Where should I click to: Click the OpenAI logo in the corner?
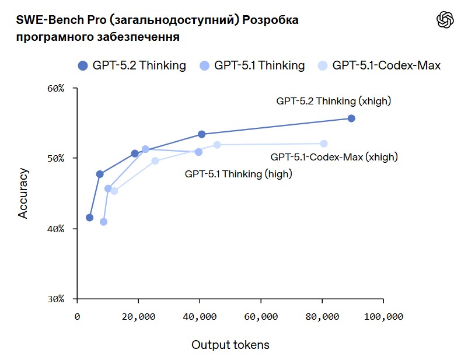pos(445,20)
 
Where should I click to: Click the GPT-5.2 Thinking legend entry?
pos(132,65)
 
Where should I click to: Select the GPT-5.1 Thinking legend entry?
pos(252,65)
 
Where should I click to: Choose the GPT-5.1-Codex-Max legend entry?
pos(379,65)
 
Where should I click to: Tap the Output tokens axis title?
pos(230,345)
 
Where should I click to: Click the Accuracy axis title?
pos(23,193)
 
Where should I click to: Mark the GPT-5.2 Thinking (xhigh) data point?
pos(351,118)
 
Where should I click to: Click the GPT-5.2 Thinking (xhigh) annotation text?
pos(333,101)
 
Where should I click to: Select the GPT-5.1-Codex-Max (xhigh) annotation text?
pos(334,157)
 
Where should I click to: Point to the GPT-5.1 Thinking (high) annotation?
pos(238,174)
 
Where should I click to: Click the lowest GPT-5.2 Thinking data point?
pos(89,218)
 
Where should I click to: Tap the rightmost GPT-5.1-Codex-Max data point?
pos(324,144)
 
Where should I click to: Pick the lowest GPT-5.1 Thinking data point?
pos(103,222)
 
